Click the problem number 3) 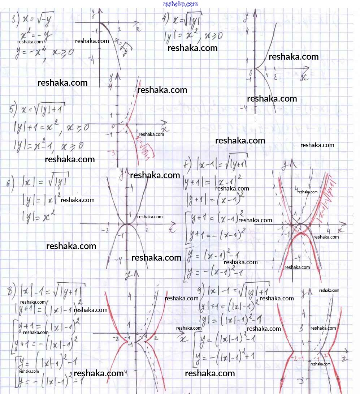click(x=15, y=19)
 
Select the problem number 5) click(x=13, y=108)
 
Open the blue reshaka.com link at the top click(x=181, y=4)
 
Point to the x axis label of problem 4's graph click(x=304, y=77)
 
